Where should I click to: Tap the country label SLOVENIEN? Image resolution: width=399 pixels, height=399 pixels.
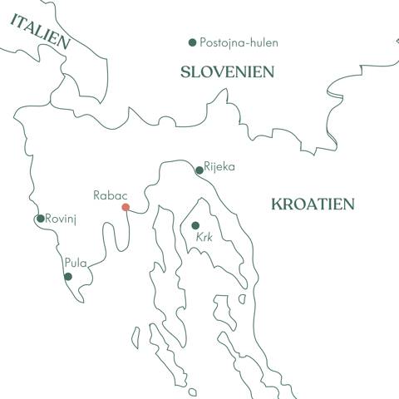(x=228, y=73)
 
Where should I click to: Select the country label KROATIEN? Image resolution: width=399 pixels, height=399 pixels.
(x=313, y=204)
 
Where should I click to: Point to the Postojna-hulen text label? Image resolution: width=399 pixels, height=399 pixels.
(x=239, y=42)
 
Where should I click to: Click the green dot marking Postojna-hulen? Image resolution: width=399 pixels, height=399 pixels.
(x=193, y=42)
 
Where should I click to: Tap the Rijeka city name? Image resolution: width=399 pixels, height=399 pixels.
(x=219, y=166)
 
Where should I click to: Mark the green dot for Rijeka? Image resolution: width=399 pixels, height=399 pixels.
(x=199, y=170)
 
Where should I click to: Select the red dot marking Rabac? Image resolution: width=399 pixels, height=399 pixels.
(x=126, y=207)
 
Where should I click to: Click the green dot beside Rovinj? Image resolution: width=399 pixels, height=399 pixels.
(x=40, y=219)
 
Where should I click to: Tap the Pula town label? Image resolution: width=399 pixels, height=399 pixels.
(x=76, y=264)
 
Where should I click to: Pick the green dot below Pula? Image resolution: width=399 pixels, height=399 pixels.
(x=68, y=277)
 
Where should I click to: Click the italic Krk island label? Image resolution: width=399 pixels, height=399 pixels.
(x=204, y=238)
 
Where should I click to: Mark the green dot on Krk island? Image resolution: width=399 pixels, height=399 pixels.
(x=195, y=225)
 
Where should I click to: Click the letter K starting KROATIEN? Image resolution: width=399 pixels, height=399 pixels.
(x=276, y=204)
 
